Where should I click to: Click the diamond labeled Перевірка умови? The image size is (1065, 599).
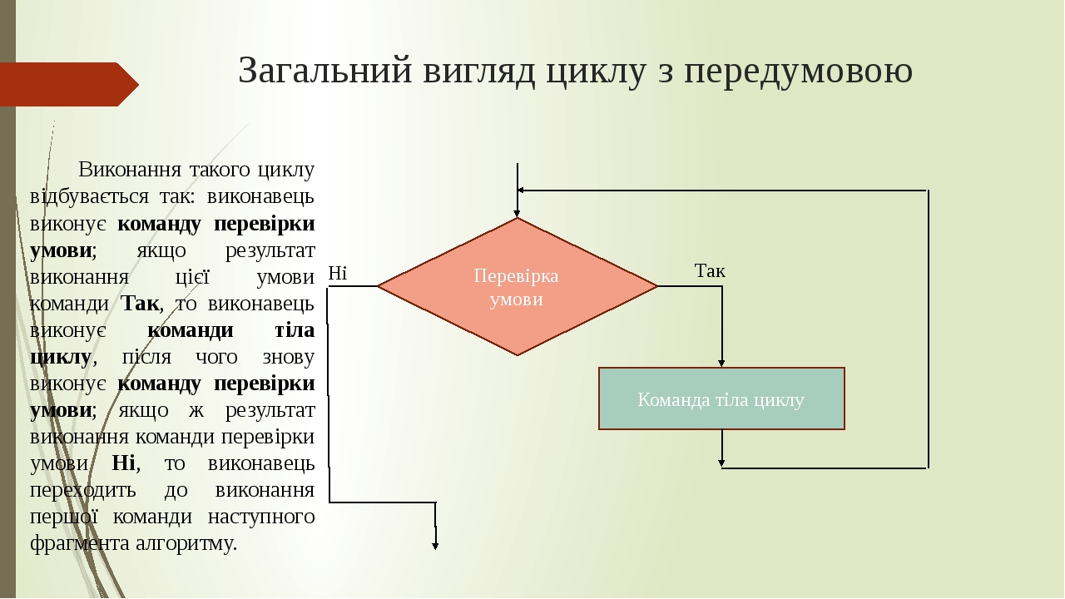(x=517, y=286)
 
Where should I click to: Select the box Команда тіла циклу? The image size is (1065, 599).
(x=721, y=399)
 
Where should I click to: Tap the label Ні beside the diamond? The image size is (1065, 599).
(x=337, y=273)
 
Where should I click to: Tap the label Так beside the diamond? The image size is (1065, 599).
(x=710, y=270)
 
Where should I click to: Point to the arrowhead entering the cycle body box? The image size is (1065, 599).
(x=722, y=362)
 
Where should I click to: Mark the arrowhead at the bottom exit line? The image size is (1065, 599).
(x=435, y=544)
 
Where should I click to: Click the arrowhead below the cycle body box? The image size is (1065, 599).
(x=722, y=462)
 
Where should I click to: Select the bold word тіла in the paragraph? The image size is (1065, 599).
(x=295, y=330)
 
